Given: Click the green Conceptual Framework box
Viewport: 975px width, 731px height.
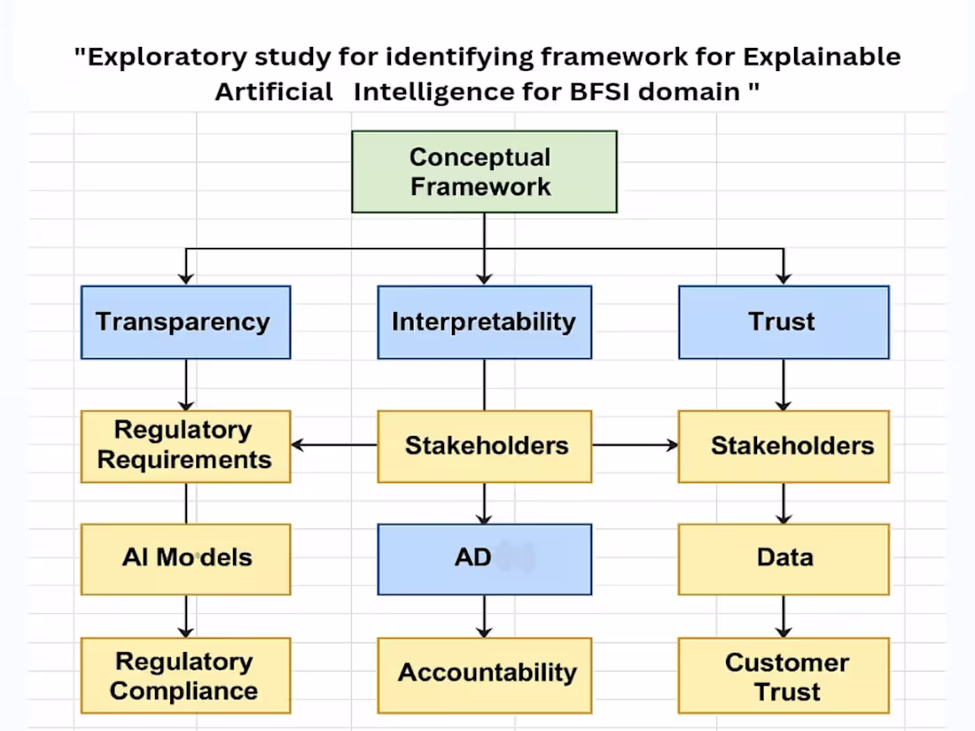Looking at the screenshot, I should [484, 171].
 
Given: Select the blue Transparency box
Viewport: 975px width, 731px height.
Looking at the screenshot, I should [185, 322].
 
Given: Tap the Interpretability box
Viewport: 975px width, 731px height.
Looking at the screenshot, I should [484, 322].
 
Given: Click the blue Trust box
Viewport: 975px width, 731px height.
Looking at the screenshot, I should [784, 322].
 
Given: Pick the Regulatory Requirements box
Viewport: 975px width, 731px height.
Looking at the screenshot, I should [185, 446].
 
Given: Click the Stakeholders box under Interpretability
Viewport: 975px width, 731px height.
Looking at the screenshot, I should [484, 446].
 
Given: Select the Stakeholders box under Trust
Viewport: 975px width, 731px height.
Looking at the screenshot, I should [784, 446].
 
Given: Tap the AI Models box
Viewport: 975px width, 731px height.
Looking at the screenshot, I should [185, 558].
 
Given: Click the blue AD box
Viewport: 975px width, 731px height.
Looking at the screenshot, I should [484, 558].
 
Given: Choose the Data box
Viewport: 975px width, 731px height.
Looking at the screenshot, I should [784, 558].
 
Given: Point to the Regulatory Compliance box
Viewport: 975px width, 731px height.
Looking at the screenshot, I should [185, 675].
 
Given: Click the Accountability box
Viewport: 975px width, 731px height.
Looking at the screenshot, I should [484, 673].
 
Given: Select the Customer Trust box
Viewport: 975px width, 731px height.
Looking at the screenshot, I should [784, 675].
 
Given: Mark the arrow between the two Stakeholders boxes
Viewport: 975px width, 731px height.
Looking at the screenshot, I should [635, 445].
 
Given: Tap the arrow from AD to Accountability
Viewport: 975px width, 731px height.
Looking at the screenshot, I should [484, 616].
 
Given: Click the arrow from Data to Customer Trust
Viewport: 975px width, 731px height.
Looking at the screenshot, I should [784, 616].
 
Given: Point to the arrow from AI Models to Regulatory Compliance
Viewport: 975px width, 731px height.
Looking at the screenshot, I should [185, 616].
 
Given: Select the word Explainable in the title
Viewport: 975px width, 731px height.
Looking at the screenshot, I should [822, 58].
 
